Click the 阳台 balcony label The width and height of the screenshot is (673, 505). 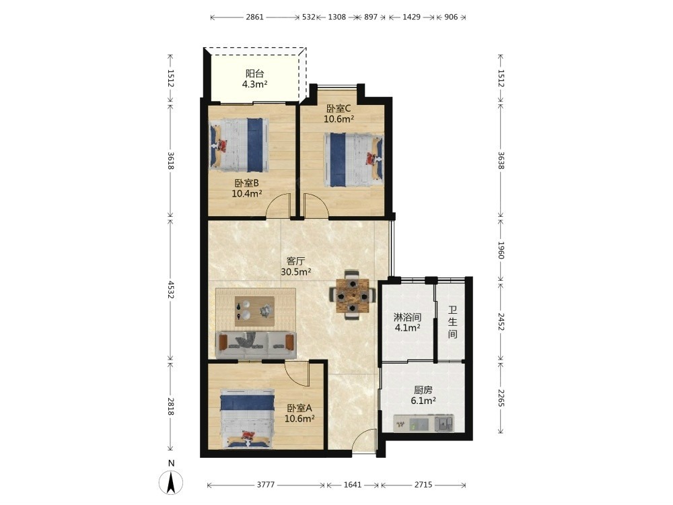[254, 73]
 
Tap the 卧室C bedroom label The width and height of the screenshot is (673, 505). [339, 108]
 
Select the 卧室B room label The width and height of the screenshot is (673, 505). [247, 183]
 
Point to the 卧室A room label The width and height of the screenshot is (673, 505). [299, 408]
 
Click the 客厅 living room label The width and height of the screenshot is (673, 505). [295, 261]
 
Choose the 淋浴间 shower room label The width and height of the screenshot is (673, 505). [407, 317]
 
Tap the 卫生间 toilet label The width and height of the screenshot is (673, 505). [452, 322]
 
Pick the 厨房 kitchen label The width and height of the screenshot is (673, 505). [423, 390]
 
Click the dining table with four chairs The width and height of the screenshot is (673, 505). [353, 296]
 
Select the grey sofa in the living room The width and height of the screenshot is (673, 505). [256, 344]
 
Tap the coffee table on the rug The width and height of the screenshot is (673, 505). [254, 311]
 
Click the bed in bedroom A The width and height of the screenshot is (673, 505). [247, 419]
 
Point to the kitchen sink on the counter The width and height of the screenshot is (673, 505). [444, 424]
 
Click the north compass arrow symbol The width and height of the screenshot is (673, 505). [171, 482]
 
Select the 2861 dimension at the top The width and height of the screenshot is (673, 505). [254, 18]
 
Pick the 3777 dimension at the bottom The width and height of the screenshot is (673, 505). [266, 485]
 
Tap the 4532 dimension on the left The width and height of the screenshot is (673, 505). [171, 290]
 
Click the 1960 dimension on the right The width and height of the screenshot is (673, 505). [501, 250]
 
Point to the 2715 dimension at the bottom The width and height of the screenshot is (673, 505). [423, 485]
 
